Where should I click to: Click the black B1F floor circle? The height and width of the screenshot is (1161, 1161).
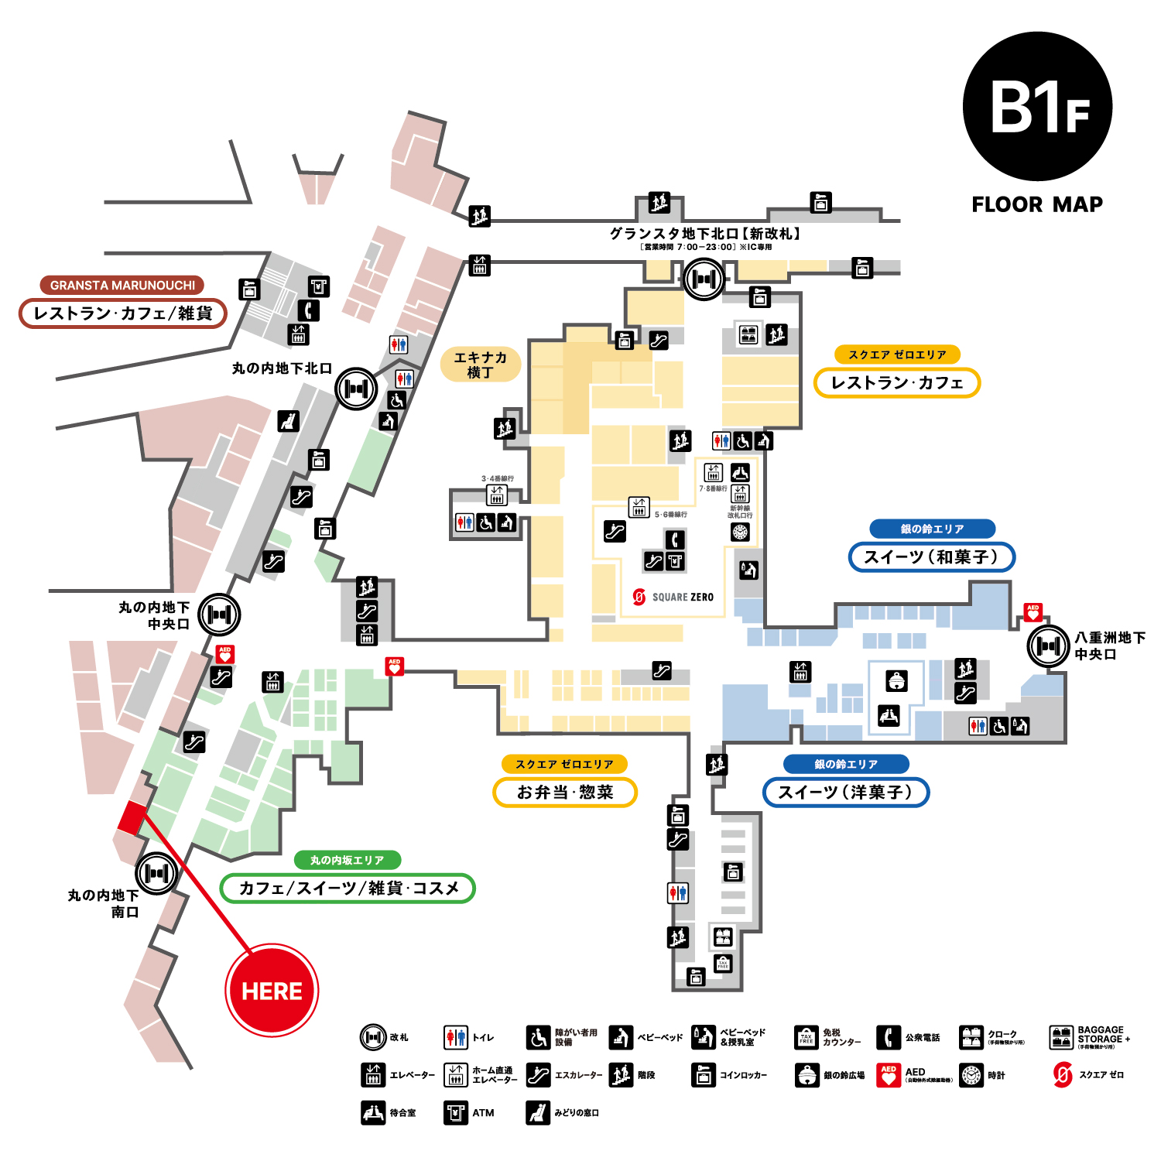(1037, 107)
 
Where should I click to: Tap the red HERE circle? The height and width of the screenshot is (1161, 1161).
(272, 990)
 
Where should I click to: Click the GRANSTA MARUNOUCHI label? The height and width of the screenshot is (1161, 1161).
(122, 285)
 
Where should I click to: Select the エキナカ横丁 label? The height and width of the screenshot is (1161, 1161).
(480, 365)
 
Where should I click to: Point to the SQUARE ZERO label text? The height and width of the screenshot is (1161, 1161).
(682, 597)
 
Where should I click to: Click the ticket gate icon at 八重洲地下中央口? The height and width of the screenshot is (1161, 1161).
(1049, 646)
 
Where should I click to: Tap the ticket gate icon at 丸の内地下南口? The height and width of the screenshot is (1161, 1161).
(156, 873)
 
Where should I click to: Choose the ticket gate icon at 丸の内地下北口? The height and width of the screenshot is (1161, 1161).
(356, 389)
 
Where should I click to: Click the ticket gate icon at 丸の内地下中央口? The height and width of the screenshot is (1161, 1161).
(219, 615)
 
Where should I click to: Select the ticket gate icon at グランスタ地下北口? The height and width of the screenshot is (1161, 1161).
(704, 279)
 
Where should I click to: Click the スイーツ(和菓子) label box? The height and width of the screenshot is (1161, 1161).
(931, 557)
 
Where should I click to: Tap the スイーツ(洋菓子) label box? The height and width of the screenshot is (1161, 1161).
(845, 792)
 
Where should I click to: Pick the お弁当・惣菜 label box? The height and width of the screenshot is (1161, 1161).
(565, 792)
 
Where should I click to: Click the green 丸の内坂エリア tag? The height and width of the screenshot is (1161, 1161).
(347, 860)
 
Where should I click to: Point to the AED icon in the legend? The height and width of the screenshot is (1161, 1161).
(889, 1075)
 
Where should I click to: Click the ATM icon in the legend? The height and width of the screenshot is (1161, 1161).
(455, 1112)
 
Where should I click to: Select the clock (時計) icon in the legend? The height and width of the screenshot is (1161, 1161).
(971, 1075)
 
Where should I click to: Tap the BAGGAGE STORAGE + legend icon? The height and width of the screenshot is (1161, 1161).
(1061, 1037)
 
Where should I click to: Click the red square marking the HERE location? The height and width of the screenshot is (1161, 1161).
(132, 817)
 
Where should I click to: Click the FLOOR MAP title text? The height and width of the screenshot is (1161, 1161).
(1037, 204)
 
